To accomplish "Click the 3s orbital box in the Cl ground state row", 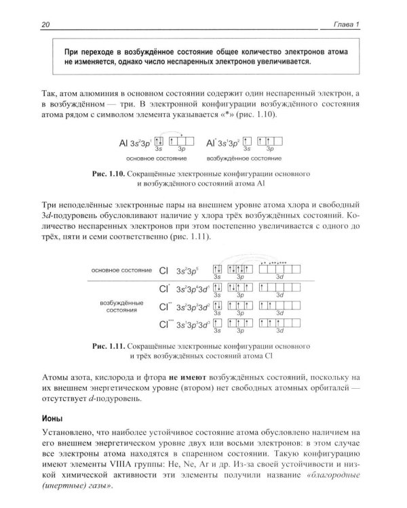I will click(217, 270).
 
